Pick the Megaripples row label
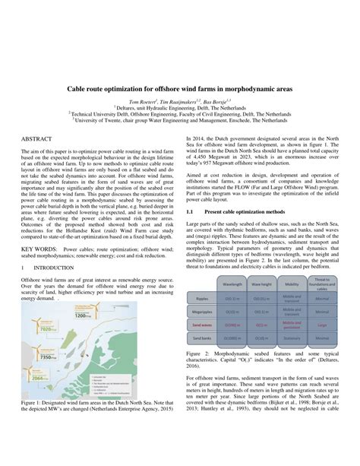tap(203, 310)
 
